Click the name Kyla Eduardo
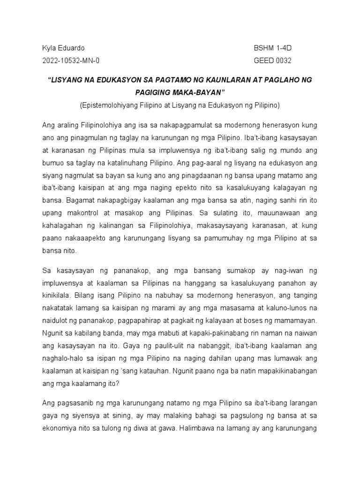(x=64, y=48)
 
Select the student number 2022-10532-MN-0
(x=71, y=60)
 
